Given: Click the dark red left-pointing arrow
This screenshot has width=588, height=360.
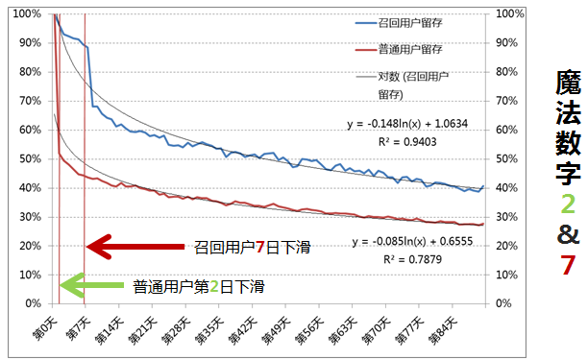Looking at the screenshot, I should coord(135,247).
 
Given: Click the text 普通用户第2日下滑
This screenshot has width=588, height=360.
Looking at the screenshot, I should coord(199,285).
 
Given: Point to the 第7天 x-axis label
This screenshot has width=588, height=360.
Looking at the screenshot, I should coord(78,327).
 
